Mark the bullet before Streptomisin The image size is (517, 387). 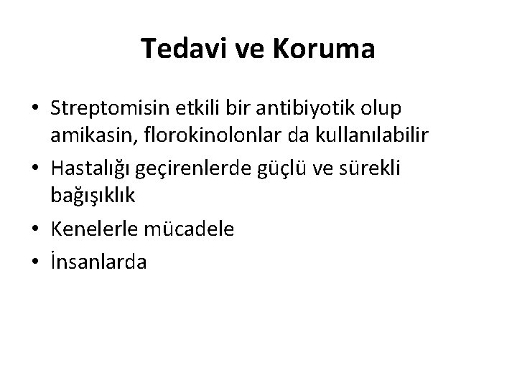34,109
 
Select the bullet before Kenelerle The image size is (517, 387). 34,230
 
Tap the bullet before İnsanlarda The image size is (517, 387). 34,262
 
